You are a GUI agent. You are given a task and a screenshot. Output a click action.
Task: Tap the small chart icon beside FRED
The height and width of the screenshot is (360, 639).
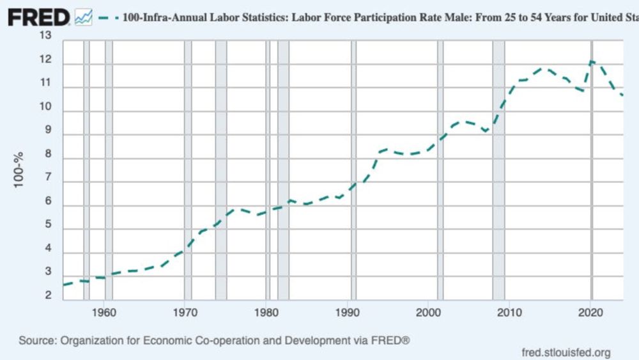(84, 18)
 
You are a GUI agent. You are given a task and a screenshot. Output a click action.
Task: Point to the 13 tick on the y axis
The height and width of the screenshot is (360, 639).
(45, 35)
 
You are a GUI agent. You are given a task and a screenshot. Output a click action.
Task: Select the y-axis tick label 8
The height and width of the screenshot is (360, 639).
(48, 158)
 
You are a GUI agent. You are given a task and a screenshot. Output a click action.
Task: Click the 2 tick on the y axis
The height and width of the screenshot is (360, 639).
(48, 295)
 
